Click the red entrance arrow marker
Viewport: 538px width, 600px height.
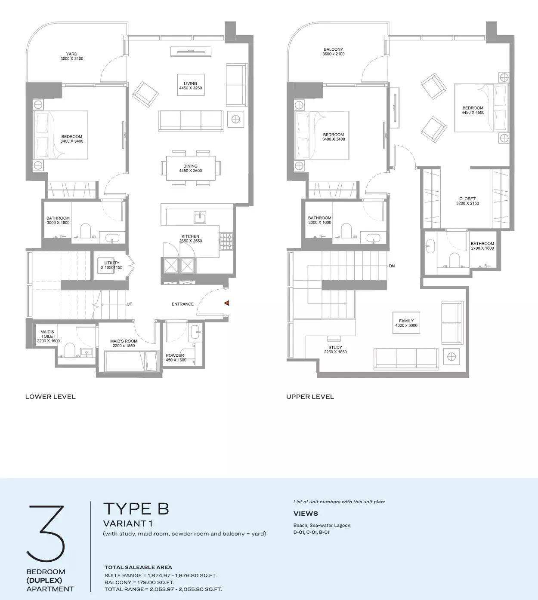(226, 303)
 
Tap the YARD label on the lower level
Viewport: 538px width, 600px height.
(72, 56)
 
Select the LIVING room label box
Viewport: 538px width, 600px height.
(191, 85)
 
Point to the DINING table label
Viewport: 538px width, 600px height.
(190, 168)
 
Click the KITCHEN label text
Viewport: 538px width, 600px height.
(190, 236)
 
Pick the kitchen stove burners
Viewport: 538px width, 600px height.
(226, 242)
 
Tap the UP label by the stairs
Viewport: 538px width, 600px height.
(129, 304)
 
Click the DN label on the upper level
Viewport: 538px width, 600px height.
(392, 266)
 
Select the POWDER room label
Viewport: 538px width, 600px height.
(175, 358)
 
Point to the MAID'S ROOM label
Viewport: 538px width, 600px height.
(124, 343)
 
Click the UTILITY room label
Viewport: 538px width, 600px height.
(112, 265)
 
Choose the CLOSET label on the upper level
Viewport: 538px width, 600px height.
(467, 201)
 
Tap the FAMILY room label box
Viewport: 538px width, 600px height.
(406, 323)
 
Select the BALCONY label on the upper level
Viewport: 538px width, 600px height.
(334, 52)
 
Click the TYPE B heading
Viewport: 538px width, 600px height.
(136, 509)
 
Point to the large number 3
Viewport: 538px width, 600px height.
(46, 533)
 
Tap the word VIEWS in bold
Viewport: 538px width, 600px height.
(306, 514)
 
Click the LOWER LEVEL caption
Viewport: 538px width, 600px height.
(50, 397)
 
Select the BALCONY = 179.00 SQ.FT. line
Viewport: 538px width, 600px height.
(139, 582)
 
